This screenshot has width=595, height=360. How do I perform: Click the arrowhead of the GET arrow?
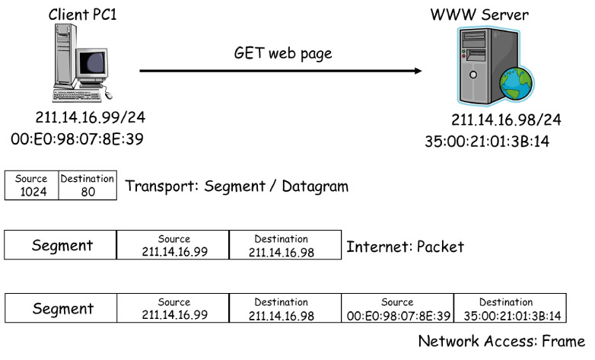click(x=417, y=72)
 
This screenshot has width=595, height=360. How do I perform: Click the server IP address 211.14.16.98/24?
click(x=506, y=121)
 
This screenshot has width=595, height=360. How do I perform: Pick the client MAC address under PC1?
click(x=78, y=139)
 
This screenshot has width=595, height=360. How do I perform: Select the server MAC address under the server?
click(x=487, y=142)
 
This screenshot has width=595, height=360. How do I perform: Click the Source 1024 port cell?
click(x=31, y=186)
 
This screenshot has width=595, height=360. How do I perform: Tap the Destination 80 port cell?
click(x=87, y=186)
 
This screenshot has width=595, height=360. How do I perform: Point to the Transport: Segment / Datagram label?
click(x=237, y=186)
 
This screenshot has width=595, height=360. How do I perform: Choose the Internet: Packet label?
click(x=405, y=247)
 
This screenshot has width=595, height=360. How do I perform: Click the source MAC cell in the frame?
click(x=397, y=308)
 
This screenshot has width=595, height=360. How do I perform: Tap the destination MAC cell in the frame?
click(x=510, y=308)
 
